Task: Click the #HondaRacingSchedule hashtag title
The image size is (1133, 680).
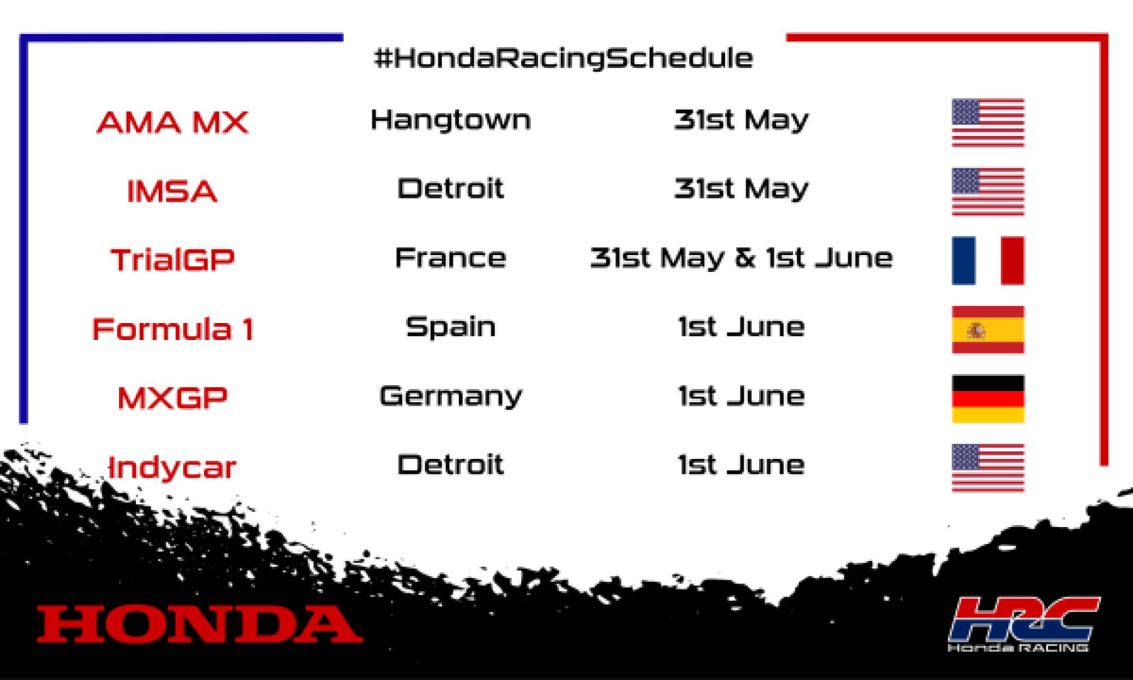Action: pos(564,58)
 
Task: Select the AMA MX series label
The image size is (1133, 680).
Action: pos(173,122)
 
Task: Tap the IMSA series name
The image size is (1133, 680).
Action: pos(172,192)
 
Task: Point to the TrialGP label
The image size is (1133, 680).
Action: pos(173,260)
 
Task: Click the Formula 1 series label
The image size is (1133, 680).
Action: pos(173,329)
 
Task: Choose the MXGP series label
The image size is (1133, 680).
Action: pos(173,398)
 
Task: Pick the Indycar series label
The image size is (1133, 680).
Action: pos(172,468)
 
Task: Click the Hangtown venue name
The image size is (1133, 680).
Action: pos(451,120)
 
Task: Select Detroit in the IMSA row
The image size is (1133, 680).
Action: pos(450,189)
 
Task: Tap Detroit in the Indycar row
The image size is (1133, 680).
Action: pos(450,465)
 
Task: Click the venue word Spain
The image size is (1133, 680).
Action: pos(451,328)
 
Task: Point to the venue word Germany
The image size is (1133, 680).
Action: pos(451,396)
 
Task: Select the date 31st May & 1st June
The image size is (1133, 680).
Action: pos(742,258)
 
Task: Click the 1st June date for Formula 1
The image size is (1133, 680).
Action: pos(742,327)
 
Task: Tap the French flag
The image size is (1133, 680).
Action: pos(988,261)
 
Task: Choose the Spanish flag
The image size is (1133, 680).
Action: pos(988,330)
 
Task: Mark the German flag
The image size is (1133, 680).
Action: pos(988,399)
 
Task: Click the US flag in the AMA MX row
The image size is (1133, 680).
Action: pos(988,123)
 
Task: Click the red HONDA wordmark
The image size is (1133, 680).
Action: pos(199,624)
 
